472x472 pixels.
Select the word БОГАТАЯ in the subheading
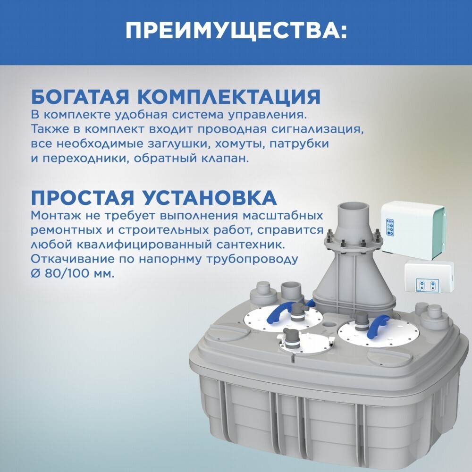click(80, 97)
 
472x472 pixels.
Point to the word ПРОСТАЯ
click(82, 197)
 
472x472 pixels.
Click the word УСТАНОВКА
click(210, 197)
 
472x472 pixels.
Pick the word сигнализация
click(317, 129)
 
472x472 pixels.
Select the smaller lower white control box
click(429, 276)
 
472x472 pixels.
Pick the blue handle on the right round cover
click(379, 326)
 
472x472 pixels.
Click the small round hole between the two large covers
click(330, 325)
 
